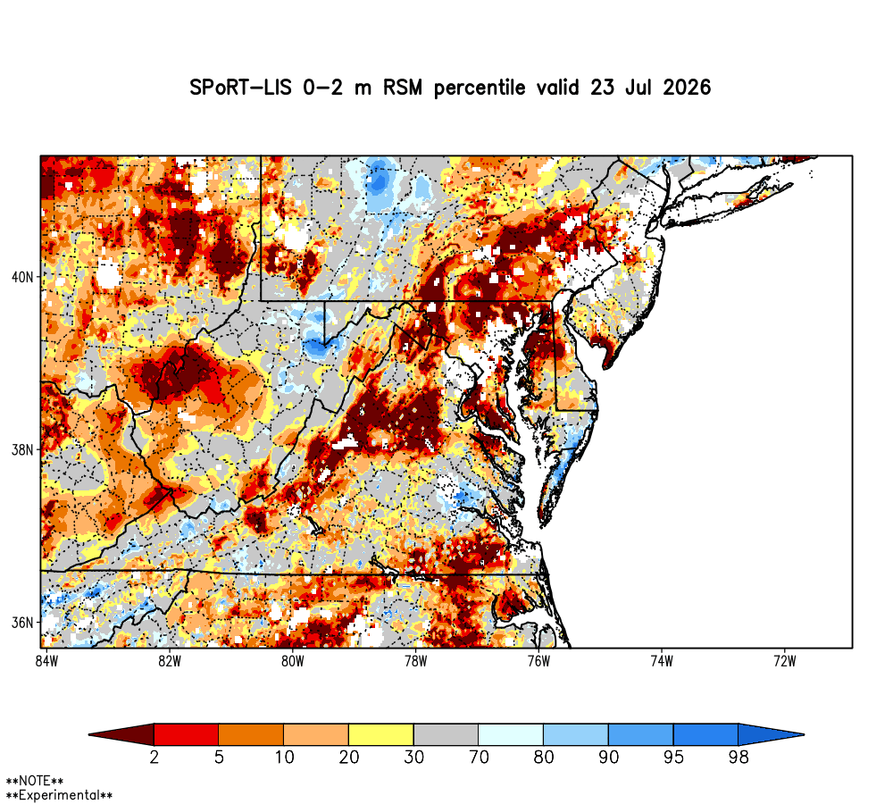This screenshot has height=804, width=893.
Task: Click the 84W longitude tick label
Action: coord(46,661)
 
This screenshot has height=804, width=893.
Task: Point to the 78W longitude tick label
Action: coord(416,661)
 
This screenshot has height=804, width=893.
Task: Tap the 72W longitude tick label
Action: coord(785,661)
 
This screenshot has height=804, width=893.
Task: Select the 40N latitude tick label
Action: coord(23,278)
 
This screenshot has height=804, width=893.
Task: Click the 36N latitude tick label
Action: coord(23,623)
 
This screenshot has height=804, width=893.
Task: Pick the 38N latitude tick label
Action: coord(23,450)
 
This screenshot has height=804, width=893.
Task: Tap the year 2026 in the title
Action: coord(687,88)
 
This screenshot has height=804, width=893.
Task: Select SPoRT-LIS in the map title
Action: coord(240,88)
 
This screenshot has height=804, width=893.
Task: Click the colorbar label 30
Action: coord(414,758)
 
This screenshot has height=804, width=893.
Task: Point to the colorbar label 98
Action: coord(739,758)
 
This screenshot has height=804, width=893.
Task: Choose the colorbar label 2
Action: coord(154,758)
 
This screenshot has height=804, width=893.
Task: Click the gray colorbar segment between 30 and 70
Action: coord(446,734)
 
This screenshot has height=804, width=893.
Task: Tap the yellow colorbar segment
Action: coord(381,734)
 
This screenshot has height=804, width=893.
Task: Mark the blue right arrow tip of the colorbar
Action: coord(804,734)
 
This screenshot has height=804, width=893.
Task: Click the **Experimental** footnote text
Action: coord(59,795)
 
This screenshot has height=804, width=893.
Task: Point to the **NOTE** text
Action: coord(35,781)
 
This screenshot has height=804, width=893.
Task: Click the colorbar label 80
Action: coord(544,758)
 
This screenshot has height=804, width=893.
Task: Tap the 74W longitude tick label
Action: coord(662,661)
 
